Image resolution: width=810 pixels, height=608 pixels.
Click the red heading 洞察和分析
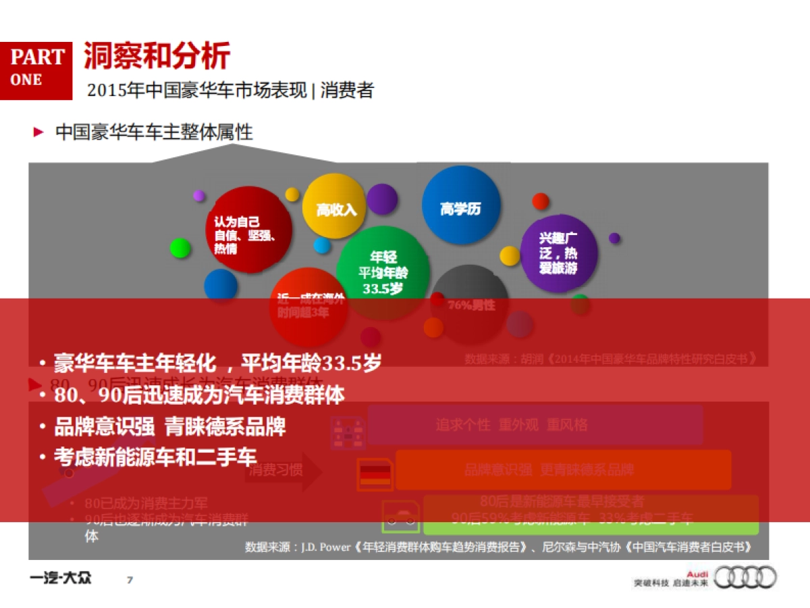pyautogui.click(x=157, y=56)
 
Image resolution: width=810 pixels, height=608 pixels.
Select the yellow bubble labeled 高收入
pyautogui.click(x=336, y=208)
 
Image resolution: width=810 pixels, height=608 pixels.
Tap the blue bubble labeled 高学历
pyautogui.click(x=461, y=207)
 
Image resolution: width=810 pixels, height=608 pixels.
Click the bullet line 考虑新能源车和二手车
pyautogui.click(x=155, y=457)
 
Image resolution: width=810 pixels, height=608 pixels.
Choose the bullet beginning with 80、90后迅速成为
pyautogui.click(x=199, y=395)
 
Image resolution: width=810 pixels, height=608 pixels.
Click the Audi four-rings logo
pyautogui.click(x=745, y=578)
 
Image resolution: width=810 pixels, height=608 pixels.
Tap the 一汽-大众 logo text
pyautogui.click(x=61, y=578)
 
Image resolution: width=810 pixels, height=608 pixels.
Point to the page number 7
pyautogui.click(x=130, y=580)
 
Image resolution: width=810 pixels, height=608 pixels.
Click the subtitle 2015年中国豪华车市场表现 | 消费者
pyautogui.click(x=230, y=90)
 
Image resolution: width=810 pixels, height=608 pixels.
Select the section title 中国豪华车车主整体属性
pyautogui.click(x=154, y=132)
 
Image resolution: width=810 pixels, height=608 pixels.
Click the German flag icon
pyautogui.click(x=376, y=472)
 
